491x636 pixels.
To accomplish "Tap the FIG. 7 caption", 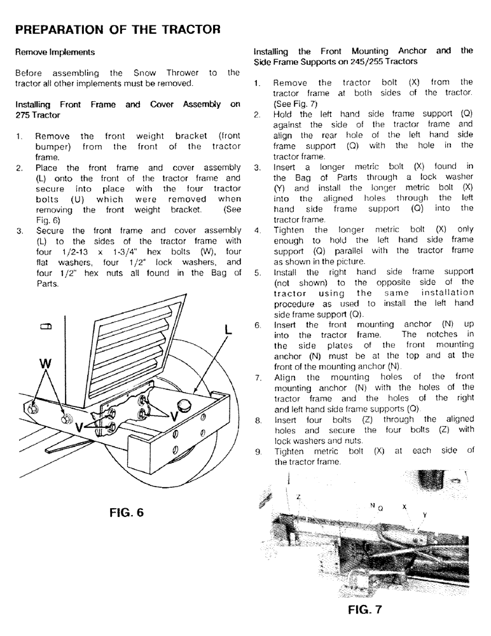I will pos(365,611).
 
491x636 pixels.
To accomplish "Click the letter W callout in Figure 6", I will pos(45,364).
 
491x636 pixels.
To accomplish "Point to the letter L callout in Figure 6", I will pos(228,329).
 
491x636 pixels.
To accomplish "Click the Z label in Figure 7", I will pos(299,497).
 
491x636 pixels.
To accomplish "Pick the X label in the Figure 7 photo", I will pos(404,507).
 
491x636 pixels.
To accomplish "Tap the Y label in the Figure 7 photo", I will pos(424,515).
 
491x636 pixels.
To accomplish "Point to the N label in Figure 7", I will pos(372,506).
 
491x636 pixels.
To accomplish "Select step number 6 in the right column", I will pos(257,325).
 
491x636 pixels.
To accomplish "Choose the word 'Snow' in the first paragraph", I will pos(147,73).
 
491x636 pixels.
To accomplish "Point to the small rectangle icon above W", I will pos(45,327).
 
